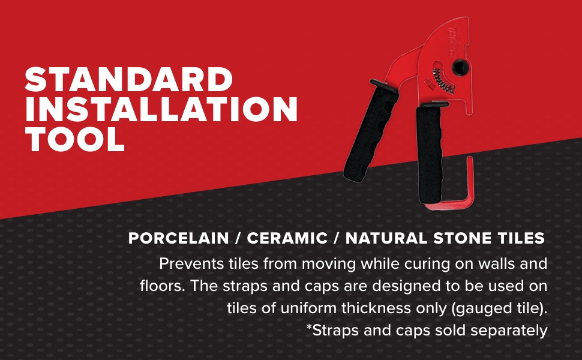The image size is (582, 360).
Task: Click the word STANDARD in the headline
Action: pos(128,80)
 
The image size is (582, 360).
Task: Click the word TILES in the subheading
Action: pos(521,238)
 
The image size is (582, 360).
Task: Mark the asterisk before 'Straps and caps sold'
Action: pos(309,328)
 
